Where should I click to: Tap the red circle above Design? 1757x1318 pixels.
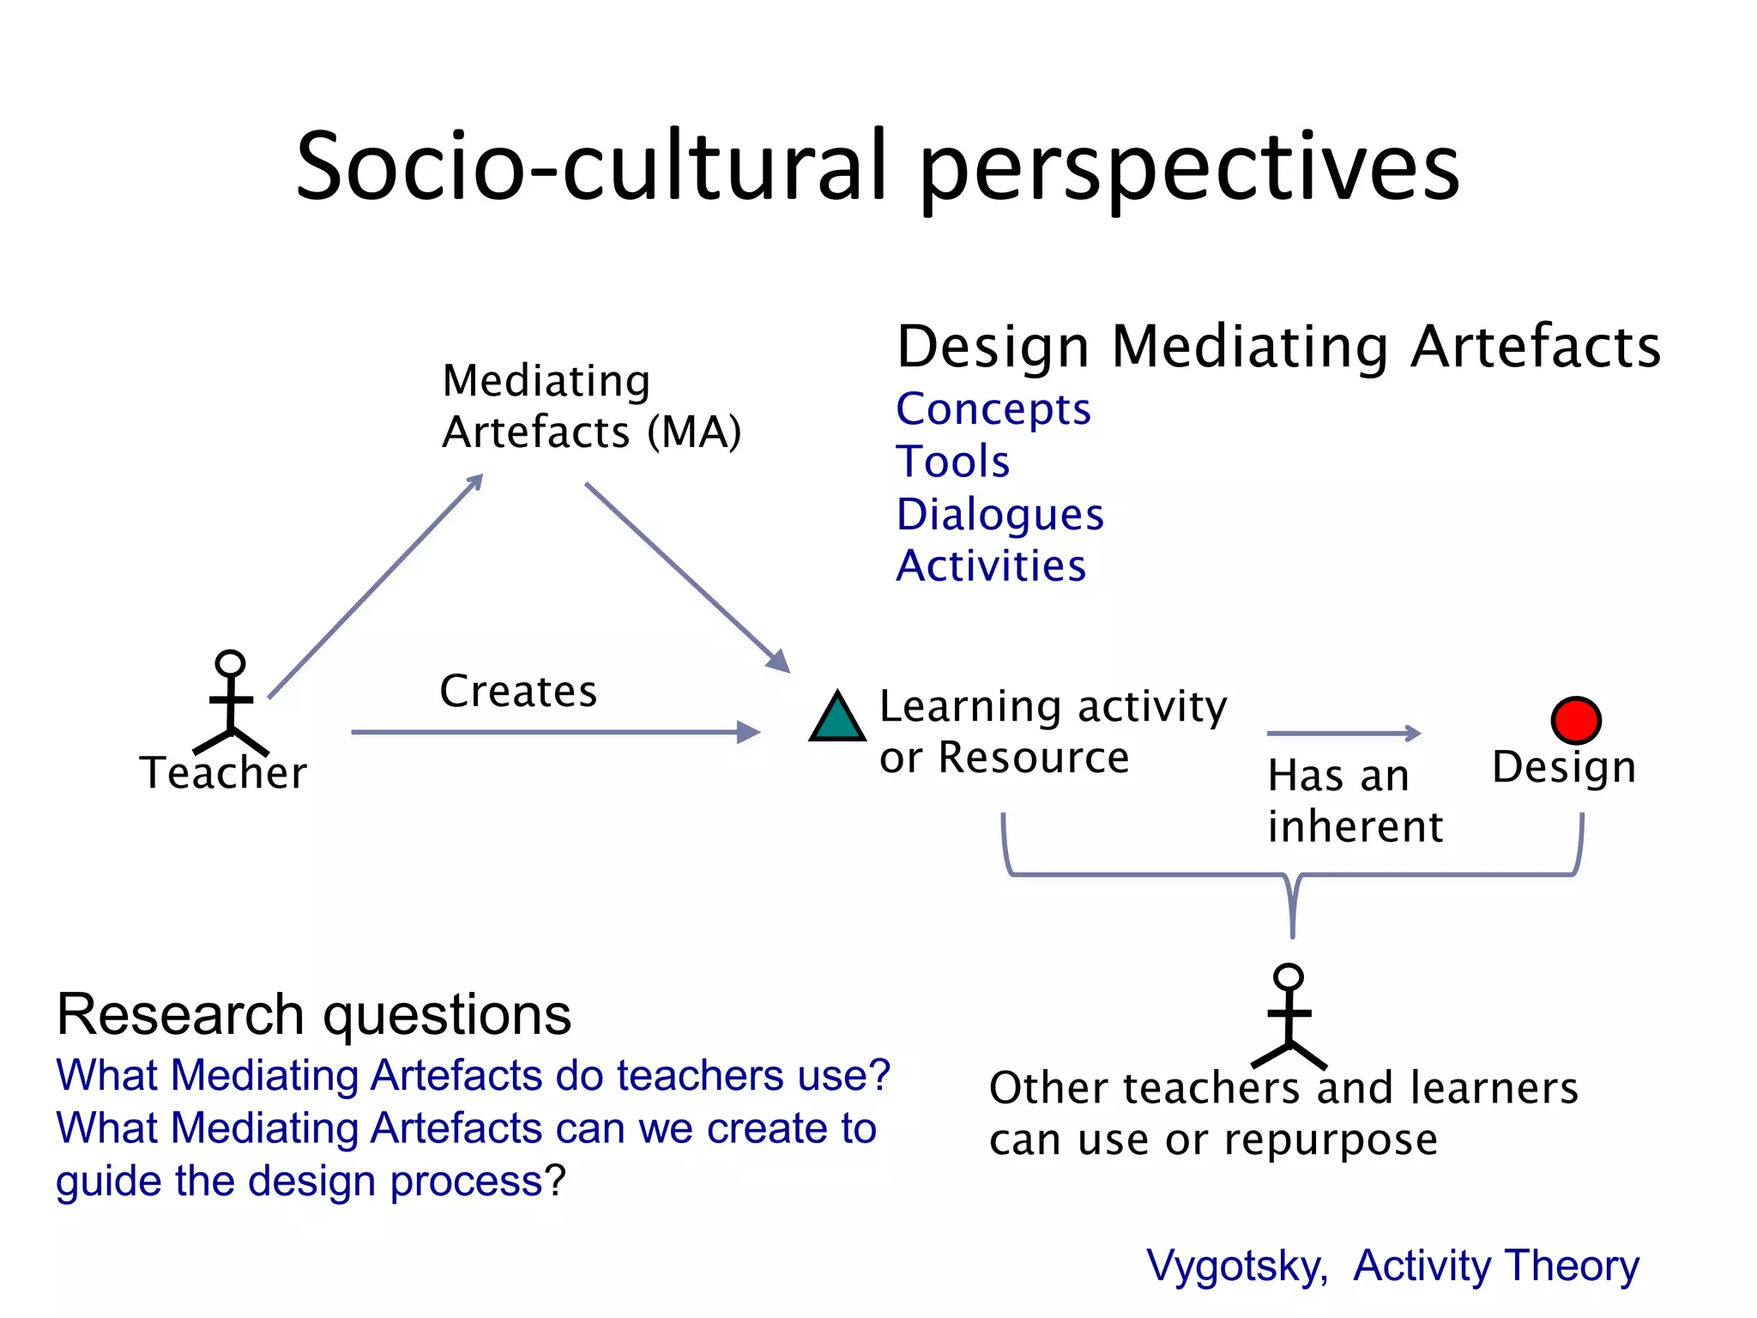(x=1576, y=720)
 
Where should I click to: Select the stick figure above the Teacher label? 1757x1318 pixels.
(x=231, y=701)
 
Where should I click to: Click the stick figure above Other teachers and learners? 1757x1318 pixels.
(x=1289, y=1015)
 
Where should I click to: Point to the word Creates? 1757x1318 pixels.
(x=518, y=692)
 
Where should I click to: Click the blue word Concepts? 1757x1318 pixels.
(x=993, y=409)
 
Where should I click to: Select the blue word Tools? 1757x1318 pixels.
(x=953, y=462)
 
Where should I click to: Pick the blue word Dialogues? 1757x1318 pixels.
(x=1000, y=515)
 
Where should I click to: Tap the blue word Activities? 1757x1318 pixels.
(x=992, y=566)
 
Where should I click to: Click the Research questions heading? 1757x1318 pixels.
(x=314, y=1015)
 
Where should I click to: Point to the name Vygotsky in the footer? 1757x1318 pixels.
(x=1236, y=1267)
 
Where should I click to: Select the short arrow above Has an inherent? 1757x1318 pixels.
(x=1343, y=733)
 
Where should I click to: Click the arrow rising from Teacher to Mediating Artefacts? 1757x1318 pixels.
(x=376, y=586)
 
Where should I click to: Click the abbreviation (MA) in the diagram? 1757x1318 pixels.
(x=694, y=432)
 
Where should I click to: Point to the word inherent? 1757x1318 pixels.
(x=1355, y=826)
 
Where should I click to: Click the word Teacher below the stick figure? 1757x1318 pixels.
(x=223, y=773)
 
